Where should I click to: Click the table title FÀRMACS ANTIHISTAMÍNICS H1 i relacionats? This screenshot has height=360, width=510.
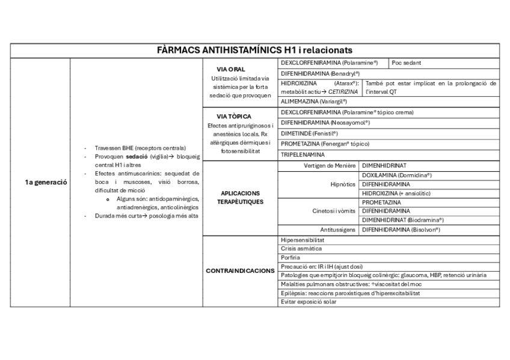254,49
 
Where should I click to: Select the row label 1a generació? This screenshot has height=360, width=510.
41,182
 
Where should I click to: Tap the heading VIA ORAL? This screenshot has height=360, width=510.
231,70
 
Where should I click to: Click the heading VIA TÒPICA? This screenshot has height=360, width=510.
233,116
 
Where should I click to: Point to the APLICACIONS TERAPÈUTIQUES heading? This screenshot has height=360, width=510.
240,198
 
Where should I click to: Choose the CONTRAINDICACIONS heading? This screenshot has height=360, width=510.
240,271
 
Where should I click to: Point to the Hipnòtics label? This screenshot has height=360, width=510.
343,184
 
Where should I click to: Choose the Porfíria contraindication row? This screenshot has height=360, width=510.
291,257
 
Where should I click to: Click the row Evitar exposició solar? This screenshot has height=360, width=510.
309,302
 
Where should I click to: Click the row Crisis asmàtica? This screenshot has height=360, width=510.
301,248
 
